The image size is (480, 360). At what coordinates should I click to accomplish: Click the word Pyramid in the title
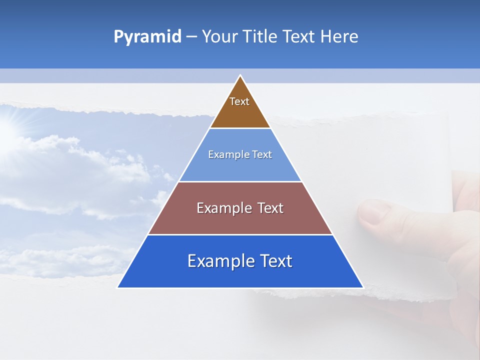point(147,37)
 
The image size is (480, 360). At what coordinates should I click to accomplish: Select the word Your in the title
point(218,37)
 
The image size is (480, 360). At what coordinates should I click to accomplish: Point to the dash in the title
point(191,37)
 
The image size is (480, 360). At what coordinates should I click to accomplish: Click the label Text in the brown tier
point(239,101)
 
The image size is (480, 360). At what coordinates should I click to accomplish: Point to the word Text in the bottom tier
point(275,261)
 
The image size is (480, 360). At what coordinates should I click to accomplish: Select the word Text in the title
point(298,37)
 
